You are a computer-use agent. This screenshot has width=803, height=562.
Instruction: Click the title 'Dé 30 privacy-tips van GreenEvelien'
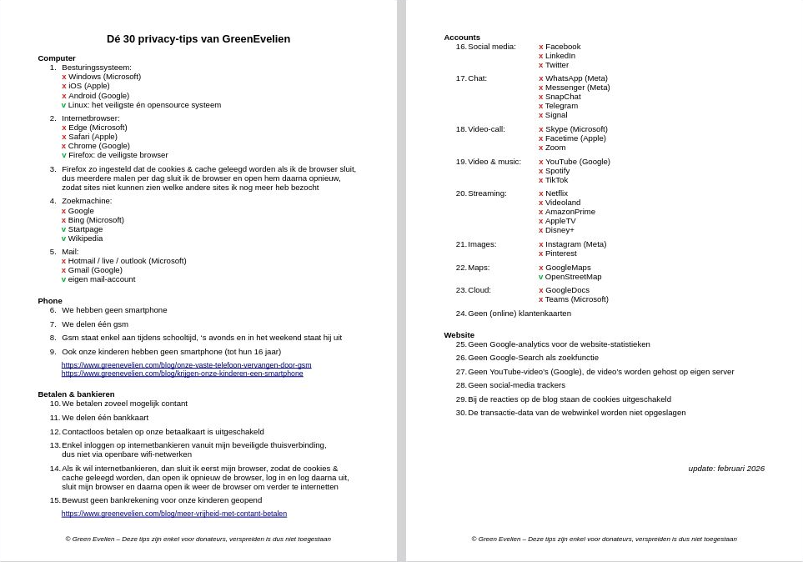pos(198,39)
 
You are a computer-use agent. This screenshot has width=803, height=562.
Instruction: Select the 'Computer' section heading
pos(57,58)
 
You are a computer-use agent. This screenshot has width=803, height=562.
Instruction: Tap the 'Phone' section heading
pos(50,300)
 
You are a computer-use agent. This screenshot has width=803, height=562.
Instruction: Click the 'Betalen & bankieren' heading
pos(76,394)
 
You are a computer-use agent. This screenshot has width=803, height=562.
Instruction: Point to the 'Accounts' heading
pos(462,38)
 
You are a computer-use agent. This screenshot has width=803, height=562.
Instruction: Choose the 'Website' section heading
pos(459,334)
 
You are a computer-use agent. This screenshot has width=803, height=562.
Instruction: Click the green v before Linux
pos(64,105)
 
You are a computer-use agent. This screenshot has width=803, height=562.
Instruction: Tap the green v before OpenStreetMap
pos(541,277)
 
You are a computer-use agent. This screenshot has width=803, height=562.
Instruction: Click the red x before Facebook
pos(541,47)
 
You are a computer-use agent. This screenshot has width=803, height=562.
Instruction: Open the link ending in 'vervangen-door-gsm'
pos(186,364)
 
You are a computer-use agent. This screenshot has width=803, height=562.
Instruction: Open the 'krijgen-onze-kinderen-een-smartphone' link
pos(182,373)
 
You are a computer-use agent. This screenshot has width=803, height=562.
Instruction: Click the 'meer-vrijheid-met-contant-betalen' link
pos(173,514)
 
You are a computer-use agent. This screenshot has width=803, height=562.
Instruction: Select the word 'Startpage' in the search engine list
pos(85,228)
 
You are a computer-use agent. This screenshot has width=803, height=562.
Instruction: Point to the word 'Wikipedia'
pos(85,238)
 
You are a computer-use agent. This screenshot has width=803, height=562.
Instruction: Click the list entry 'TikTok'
pos(556,180)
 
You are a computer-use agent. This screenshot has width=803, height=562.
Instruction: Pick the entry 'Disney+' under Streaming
pos(560,230)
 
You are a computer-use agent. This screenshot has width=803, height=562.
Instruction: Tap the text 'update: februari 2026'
pos(726,469)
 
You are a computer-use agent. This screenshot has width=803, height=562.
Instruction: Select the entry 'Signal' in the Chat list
pos(556,115)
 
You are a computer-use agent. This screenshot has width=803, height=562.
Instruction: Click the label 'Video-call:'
pos(486,129)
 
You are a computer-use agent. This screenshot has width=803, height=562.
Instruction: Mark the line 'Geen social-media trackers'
pos(516,385)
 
